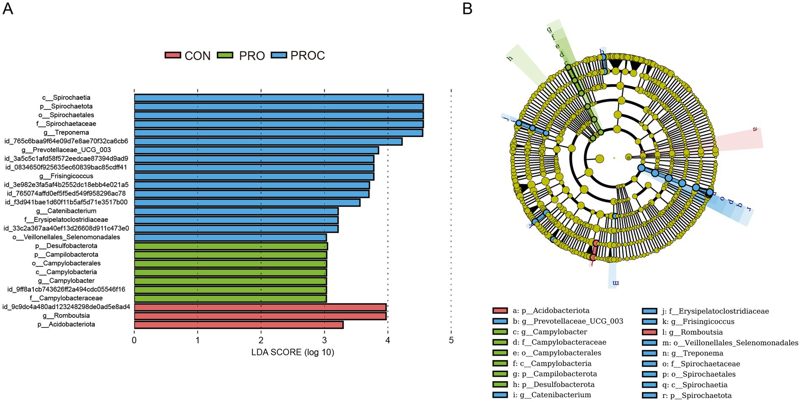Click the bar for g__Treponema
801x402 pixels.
[278, 133]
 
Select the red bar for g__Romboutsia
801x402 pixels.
[260, 316]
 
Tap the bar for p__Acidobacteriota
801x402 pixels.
[238, 325]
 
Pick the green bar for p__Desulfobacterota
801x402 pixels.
[231, 246]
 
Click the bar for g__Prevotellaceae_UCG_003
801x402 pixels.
[256, 150]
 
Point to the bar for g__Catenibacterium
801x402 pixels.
[236, 211]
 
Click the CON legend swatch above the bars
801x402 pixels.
[172, 55]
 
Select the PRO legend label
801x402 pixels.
[252, 56]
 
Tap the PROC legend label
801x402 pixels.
[307, 56]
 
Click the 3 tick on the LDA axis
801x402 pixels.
[324, 340]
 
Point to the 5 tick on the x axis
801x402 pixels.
[451, 340]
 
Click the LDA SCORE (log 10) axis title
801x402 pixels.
[293, 352]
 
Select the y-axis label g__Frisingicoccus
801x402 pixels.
[66, 176]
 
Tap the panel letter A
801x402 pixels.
[8, 8]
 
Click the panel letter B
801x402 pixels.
[467, 8]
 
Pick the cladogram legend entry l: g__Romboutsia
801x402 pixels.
[696, 332]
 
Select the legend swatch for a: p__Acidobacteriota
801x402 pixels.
[500, 311]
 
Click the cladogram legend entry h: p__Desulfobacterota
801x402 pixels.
[553, 384]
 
